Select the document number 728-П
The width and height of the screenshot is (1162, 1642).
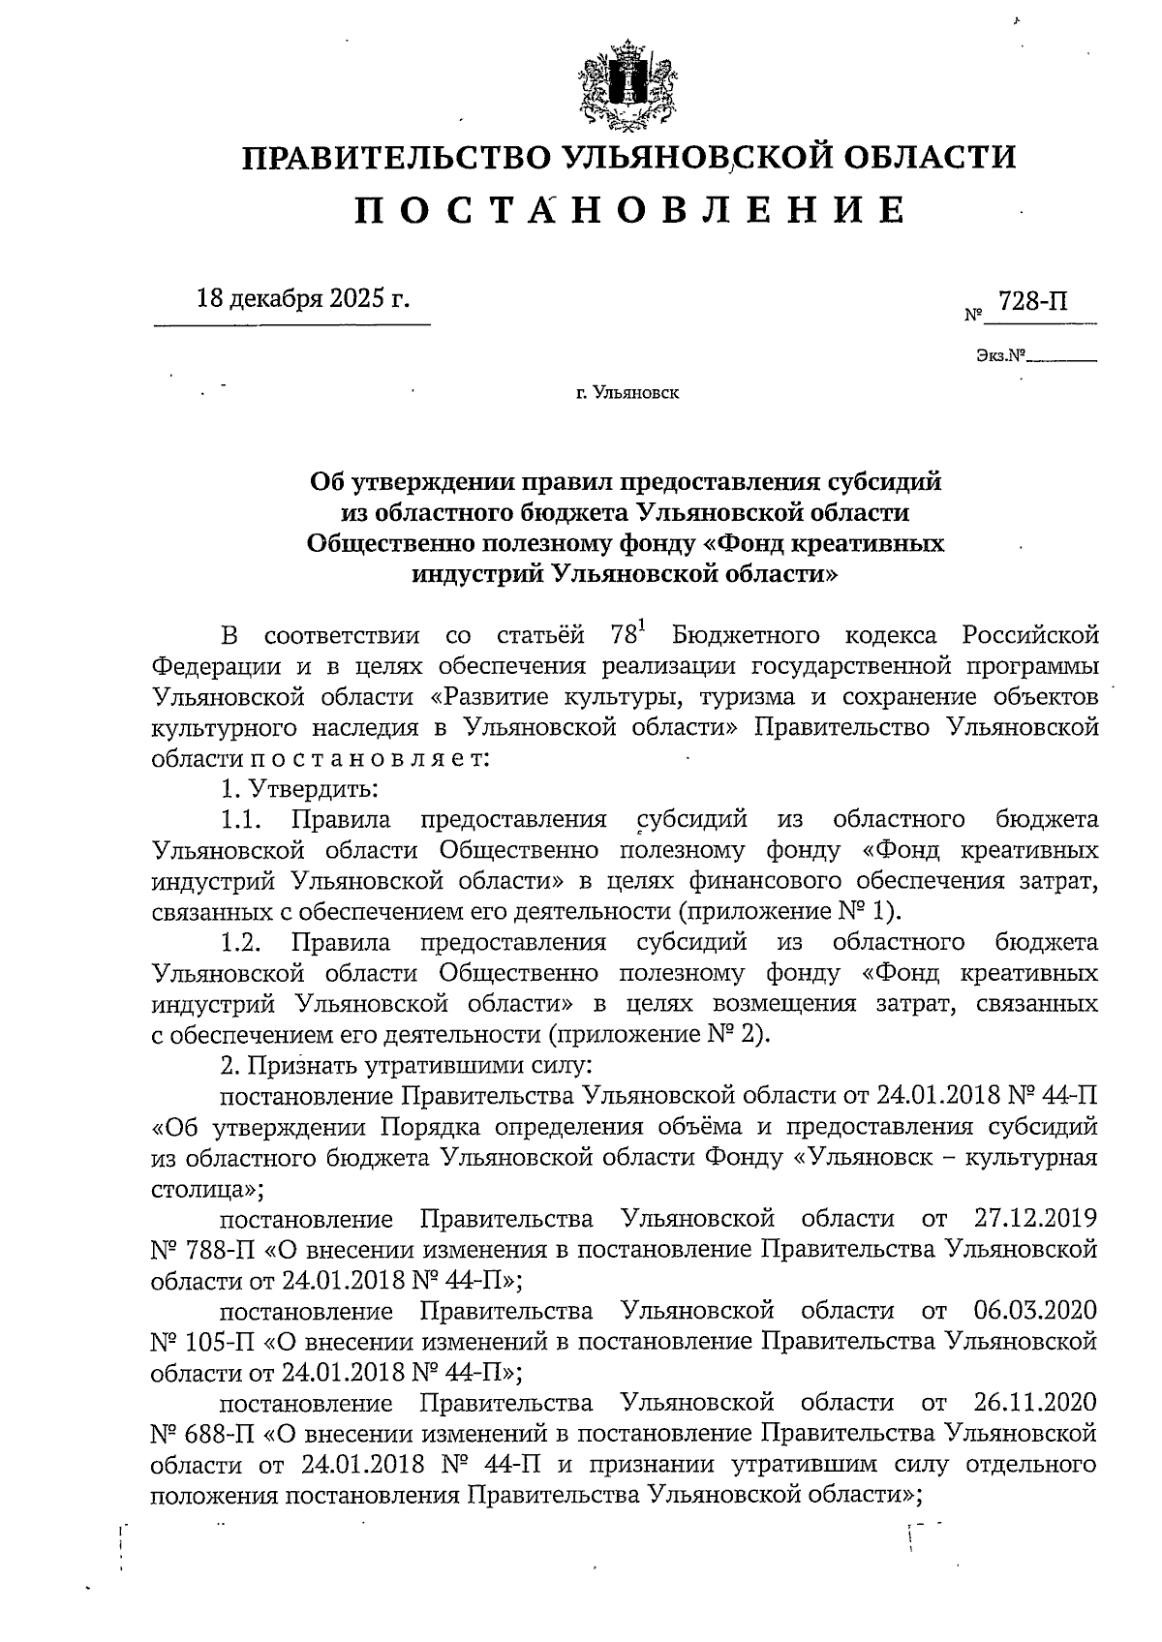(x=1033, y=301)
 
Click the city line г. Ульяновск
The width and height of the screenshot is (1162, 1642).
(x=627, y=394)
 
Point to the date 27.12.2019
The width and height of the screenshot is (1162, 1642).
(x=1032, y=1217)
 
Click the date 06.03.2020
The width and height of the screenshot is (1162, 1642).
(x=1032, y=1310)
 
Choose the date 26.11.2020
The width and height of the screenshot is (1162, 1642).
(x=1032, y=1402)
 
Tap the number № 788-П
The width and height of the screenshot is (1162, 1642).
(x=200, y=1249)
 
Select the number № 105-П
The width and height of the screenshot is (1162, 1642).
(x=200, y=1341)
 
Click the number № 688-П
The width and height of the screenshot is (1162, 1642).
(x=200, y=1433)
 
